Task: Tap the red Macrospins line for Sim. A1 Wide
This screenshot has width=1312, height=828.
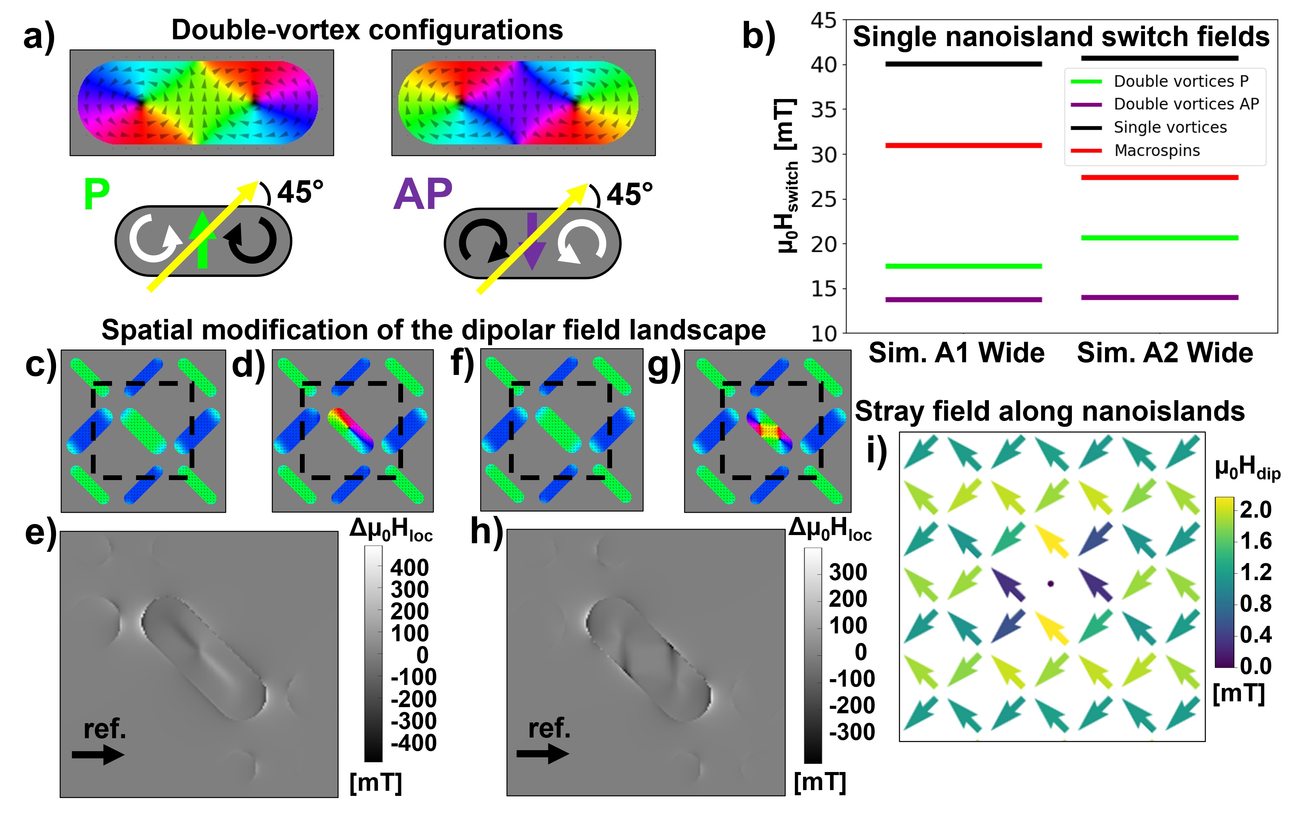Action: click(963, 145)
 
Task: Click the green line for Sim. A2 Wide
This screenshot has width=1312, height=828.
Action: click(1159, 238)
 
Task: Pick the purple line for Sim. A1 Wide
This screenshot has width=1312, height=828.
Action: click(963, 299)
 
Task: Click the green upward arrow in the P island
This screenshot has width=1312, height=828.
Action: click(202, 240)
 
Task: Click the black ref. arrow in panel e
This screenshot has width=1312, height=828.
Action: click(98, 755)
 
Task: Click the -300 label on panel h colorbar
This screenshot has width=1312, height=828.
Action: click(852, 732)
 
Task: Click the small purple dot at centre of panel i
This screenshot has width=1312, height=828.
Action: click(1050, 584)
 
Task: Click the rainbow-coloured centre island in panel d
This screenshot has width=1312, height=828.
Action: click(351, 430)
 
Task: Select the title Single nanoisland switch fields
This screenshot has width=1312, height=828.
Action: click(1061, 37)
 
